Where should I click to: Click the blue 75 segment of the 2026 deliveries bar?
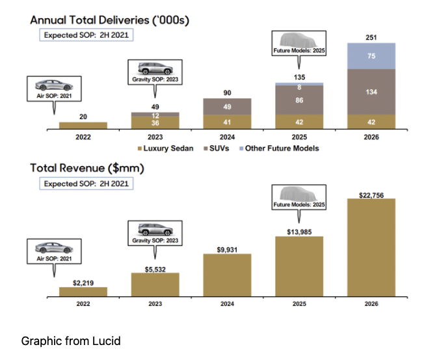[371, 56]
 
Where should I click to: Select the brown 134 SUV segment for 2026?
[371, 92]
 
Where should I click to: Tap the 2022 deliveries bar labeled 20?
[83, 126]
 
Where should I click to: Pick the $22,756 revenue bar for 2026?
[371, 247]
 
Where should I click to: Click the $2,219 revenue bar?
[83, 292]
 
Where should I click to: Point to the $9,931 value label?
[227, 249]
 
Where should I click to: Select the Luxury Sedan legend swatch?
[140, 148]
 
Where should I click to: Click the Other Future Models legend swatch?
[241, 148]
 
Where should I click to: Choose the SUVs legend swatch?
[206, 148]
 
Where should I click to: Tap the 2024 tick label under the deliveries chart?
[227, 137]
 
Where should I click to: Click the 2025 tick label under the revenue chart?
[299, 304]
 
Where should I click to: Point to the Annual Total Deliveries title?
[109, 20]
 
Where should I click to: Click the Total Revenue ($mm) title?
[87, 169]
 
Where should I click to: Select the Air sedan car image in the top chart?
[54, 85]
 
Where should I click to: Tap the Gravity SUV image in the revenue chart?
[155, 230]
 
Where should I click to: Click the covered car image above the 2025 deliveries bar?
[299, 40]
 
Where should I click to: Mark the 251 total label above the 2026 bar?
[371, 38]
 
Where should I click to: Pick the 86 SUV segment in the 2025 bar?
[299, 100]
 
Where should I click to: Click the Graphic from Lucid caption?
[71, 341]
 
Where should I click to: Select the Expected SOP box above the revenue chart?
[87, 184]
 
